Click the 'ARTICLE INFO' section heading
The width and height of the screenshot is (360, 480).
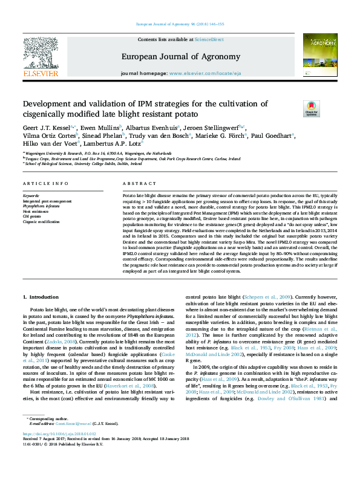coord(45,183)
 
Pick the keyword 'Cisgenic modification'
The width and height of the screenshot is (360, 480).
coord(42,222)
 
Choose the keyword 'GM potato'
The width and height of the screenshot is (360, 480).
coord(31,217)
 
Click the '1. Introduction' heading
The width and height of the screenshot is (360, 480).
coord(41,297)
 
